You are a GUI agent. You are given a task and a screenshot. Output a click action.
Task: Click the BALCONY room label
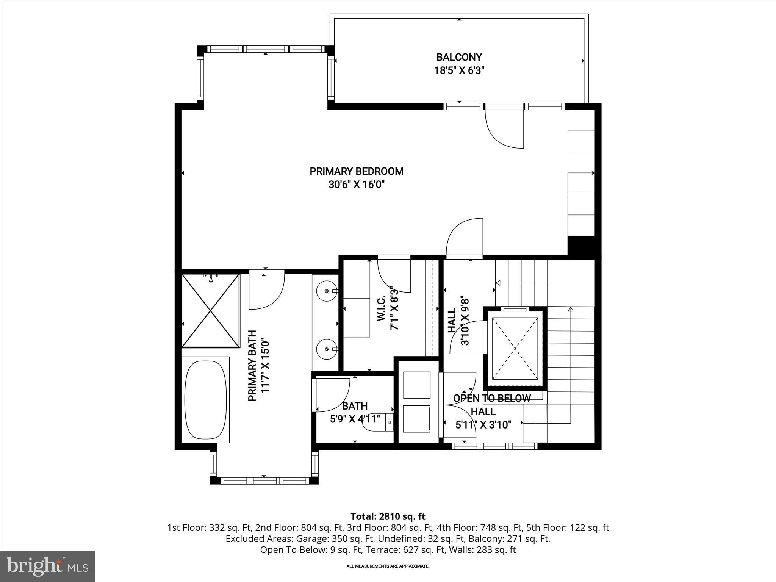459,57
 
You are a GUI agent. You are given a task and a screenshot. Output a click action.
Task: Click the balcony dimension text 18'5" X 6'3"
459,70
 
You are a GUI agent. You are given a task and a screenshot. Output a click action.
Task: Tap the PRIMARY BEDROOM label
356,171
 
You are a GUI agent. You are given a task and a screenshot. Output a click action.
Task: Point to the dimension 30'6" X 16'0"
356,185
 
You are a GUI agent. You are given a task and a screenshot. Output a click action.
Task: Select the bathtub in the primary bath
206,399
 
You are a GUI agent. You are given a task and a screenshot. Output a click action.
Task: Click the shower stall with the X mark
211,311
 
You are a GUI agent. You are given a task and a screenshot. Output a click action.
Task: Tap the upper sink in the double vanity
327,291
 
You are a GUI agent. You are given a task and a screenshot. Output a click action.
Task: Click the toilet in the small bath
375,422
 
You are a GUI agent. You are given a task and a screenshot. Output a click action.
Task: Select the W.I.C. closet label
381,309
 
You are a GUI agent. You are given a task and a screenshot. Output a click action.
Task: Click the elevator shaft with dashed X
515,348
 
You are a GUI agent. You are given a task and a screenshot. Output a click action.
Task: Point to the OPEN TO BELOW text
492,398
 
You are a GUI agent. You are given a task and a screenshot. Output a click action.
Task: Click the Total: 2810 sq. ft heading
388,516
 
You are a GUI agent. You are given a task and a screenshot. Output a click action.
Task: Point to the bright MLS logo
47,566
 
